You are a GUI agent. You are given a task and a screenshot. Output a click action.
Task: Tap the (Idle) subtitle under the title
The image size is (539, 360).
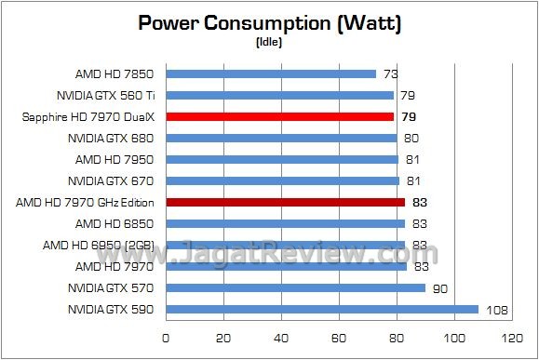pyautogui.click(x=269, y=42)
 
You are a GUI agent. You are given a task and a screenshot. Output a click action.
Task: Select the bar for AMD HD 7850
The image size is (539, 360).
pyautogui.click(x=271, y=73)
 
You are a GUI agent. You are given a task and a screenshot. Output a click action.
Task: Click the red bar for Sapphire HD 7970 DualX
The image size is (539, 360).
pyautogui.click(x=279, y=116)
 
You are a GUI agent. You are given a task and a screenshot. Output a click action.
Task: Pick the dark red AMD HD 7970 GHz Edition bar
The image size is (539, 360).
pyautogui.click(x=285, y=202)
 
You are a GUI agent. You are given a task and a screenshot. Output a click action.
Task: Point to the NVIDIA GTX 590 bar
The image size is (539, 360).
pyautogui.click(x=321, y=309)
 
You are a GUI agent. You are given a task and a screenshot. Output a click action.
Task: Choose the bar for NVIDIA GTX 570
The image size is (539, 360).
pyautogui.click(x=295, y=287)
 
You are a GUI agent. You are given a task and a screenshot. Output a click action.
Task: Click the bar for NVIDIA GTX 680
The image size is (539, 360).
pyautogui.click(x=281, y=138)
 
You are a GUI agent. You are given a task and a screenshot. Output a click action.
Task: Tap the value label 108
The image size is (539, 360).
pyautogui.click(x=494, y=309)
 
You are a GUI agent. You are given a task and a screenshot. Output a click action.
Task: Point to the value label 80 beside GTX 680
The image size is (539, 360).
pyautogui.click(x=411, y=138)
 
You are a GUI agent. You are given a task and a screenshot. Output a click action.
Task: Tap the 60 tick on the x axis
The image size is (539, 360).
pyautogui.click(x=339, y=337)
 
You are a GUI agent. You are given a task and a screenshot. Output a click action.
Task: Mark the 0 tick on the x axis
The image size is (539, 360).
pyautogui.click(x=166, y=337)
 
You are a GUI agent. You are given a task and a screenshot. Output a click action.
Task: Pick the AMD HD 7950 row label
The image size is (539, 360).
pyautogui.click(x=115, y=159)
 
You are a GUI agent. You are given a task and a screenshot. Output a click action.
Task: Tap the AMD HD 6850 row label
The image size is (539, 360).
pyautogui.click(x=115, y=223)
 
